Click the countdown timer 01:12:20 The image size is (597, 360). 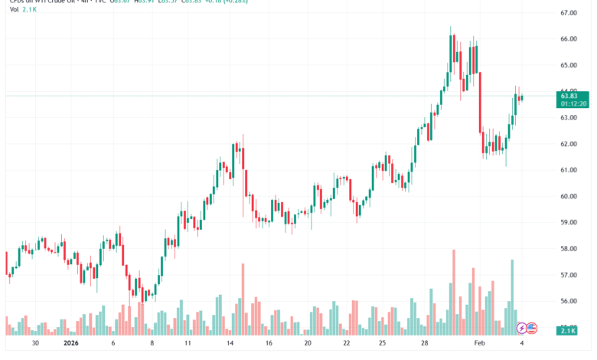coord(573,103)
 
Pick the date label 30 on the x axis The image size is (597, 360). coord(35,345)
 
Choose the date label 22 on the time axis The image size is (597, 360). coord(346,345)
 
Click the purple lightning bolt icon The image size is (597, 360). coord(522,328)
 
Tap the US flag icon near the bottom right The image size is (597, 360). coord(532,328)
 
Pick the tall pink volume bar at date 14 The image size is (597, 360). coord(243,299)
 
